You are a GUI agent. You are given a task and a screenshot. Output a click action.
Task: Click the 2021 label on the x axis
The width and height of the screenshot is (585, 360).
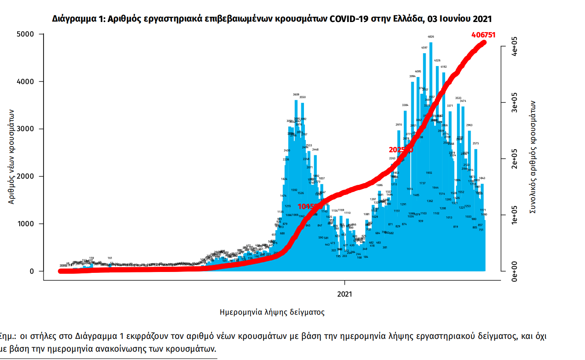point(345,293)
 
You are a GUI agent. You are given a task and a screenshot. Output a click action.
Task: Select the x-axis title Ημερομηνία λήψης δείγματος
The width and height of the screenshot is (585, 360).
point(272,312)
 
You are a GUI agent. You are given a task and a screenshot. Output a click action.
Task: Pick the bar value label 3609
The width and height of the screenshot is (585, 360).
point(296,95)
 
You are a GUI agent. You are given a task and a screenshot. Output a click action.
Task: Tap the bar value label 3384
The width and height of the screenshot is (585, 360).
point(405,105)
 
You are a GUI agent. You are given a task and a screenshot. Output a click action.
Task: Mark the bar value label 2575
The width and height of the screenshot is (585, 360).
point(475,143)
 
